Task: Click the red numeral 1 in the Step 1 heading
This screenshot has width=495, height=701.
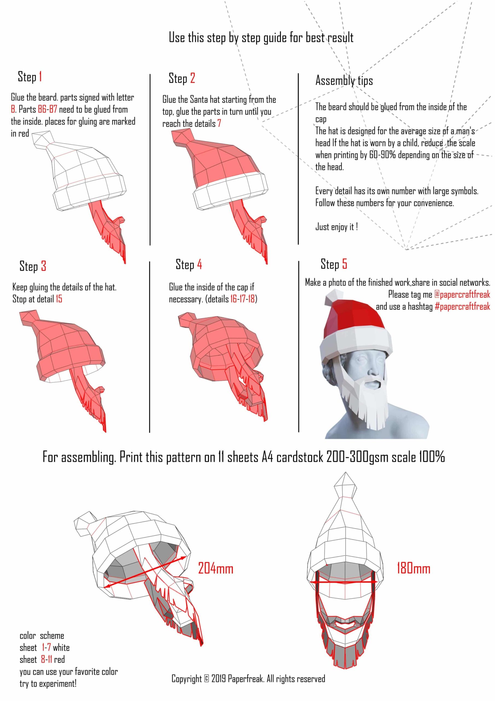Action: coord(40,77)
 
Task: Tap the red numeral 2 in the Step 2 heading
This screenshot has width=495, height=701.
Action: coord(193,78)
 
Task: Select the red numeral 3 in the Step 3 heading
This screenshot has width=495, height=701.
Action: coord(43,266)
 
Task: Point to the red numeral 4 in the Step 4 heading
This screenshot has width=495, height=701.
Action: coord(199,264)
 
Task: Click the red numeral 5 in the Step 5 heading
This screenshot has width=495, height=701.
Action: coord(344,263)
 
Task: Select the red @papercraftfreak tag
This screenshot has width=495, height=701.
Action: coord(462,294)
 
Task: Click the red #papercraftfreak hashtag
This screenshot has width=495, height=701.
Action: coord(462,306)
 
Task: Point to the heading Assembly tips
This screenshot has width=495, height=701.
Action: coord(344,81)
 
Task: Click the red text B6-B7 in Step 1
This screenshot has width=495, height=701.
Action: coord(47,109)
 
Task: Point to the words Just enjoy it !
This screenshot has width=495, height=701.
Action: coord(336,227)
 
